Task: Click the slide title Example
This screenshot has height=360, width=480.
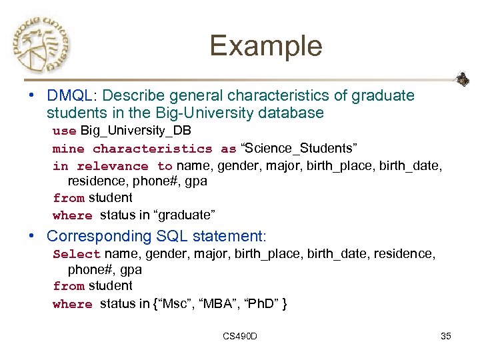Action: click(265, 46)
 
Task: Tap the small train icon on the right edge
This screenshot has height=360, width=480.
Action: click(462, 79)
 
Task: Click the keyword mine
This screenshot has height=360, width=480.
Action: click(69, 148)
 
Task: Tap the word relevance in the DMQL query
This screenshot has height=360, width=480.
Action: click(113, 166)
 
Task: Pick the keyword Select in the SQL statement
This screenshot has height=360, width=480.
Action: click(76, 254)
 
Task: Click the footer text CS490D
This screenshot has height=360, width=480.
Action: click(240, 336)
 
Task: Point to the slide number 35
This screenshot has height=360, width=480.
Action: click(446, 336)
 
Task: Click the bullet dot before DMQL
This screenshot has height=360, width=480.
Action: click(31, 96)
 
